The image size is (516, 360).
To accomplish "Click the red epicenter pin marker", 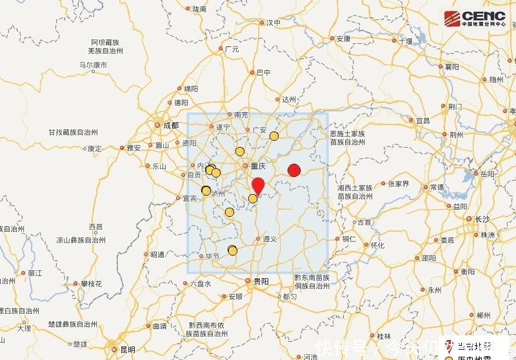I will pyautogui.click(x=257, y=185).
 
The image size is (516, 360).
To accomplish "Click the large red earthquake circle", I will pyautogui.click(x=294, y=170).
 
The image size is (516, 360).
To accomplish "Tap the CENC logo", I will pyautogui.click(x=475, y=17).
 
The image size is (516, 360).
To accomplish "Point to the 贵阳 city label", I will pyautogui.click(x=261, y=281).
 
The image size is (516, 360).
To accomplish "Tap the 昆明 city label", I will pyautogui.click(x=128, y=349).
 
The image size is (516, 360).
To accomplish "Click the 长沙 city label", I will pyautogui.click(x=482, y=219).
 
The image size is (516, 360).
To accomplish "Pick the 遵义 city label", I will pyautogui.click(x=270, y=239).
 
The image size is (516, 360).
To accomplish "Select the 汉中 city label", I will pyautogui.click(x=273, y=23).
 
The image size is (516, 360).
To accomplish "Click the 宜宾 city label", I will pyautogui.click(x=190, y=198).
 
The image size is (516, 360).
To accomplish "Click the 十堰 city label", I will pyautogui.click(x=405, y=41).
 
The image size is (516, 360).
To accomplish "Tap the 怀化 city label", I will pyautogui.click(x=377, y=245).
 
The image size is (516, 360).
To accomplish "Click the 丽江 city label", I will pyautogui.click(x=35, y=274).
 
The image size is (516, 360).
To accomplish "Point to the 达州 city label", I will pyautogui.click(x=289, y=99).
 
